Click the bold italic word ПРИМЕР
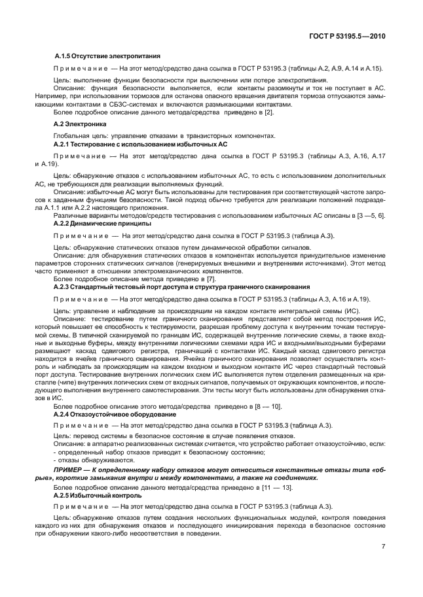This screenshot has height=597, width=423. (71, 470)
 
